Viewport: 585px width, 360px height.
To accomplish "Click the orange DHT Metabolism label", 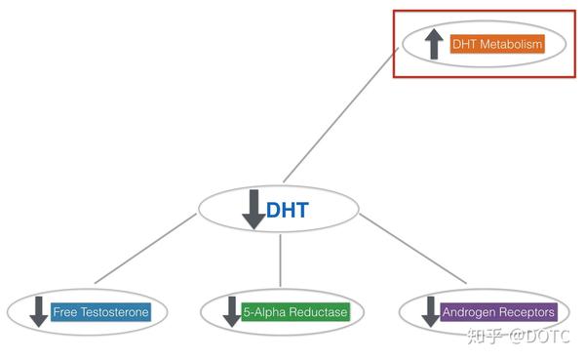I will (496, 44).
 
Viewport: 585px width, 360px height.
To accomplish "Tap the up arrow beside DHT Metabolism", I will (433, 44).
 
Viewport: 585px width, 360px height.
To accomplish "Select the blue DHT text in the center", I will (288, 210).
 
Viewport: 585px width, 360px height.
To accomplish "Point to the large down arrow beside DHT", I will (253, 209).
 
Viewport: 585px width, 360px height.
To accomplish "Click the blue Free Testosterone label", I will (101, 312).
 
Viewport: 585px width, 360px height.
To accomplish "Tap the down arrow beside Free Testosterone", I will (39, 312).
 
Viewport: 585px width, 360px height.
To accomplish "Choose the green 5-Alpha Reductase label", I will (295, 312).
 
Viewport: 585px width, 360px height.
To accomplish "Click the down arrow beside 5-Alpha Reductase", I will (233, 312).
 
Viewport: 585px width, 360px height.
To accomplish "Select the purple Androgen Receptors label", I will (499, 312).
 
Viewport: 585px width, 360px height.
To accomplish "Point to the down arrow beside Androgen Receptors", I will (430, 312).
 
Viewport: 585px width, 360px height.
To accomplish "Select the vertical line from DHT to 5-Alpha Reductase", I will (281, 261).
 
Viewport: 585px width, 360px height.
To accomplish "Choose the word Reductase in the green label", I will (317, 312).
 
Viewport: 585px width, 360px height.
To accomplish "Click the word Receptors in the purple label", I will (527, 312).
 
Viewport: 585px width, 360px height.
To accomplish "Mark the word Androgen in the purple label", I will (470, 312).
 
